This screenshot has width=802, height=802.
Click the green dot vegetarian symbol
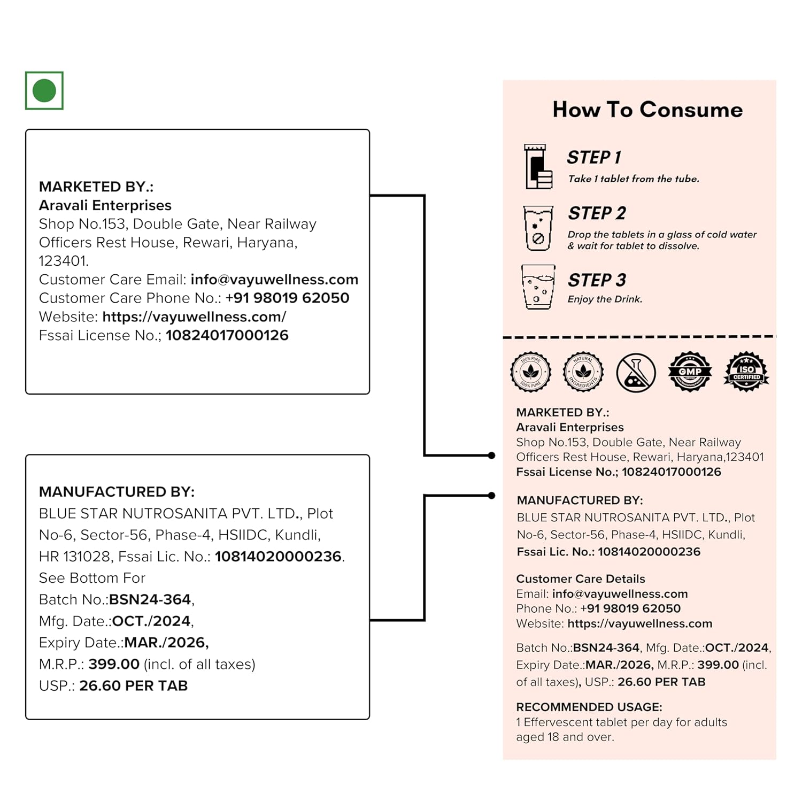coord(44,91)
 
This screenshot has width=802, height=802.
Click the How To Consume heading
coord(647,110)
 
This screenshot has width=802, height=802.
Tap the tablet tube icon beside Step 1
coord(538,167)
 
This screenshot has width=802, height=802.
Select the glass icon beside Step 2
coord(538,228)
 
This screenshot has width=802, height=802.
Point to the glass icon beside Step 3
coord(538,287)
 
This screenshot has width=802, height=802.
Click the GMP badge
coord(690,372)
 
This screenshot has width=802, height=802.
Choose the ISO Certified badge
coord(746,372)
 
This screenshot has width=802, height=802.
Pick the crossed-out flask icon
coord(636,372)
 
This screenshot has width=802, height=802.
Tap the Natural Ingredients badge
coord(583,372)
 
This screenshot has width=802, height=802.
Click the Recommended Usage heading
coord(589,707)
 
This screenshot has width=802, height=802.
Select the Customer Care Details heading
coord(581,579)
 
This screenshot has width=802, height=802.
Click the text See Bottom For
coord(92,578)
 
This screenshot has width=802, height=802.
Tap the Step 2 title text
coord(597,213)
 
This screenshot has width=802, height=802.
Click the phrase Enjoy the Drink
coord(605,299)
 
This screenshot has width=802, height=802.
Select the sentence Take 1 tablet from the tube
coord(634,179)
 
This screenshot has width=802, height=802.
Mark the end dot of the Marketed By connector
coord(491,456)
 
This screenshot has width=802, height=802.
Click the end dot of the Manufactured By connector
coord(491,496)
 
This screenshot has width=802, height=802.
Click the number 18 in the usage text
coord(553,737)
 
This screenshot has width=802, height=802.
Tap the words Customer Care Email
coord(112,280)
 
